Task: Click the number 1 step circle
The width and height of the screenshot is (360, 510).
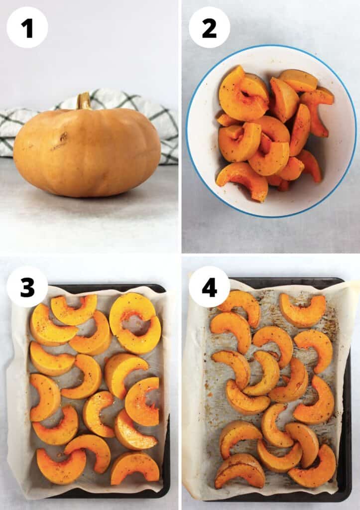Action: (27, 28)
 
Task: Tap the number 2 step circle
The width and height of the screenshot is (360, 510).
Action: (209, 28)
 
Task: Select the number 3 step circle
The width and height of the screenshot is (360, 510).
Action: (27, 287)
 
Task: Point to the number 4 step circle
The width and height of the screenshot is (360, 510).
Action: (209, 287)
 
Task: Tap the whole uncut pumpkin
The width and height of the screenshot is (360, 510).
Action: (87, 151)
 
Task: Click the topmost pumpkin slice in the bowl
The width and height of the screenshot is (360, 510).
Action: (299, 81)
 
